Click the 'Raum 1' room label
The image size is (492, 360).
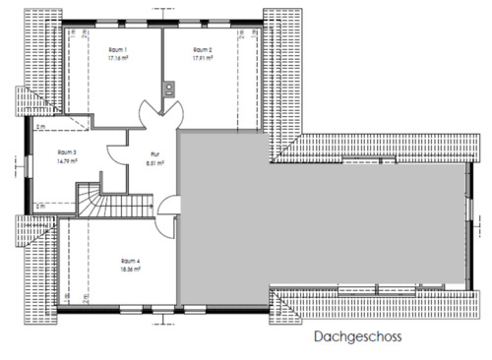118,49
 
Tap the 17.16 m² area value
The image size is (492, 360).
118,58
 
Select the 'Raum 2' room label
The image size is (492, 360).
204,49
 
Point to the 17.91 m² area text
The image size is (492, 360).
204,58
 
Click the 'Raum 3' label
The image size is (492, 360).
67,151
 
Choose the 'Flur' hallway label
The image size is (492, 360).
154,152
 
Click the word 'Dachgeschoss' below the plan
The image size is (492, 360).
358,336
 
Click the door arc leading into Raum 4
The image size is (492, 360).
169,208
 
